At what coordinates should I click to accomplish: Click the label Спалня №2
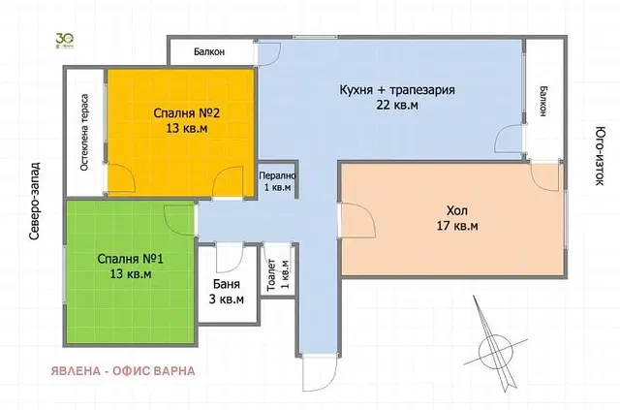point(179,111)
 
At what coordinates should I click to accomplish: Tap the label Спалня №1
point(125,259)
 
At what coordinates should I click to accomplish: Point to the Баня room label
point(226,285)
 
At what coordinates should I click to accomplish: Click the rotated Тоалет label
point(271,274)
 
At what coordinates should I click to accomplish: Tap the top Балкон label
point(210,52)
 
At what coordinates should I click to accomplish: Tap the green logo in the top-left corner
point(64,40)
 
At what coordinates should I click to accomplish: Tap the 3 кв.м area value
point(226,300)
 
